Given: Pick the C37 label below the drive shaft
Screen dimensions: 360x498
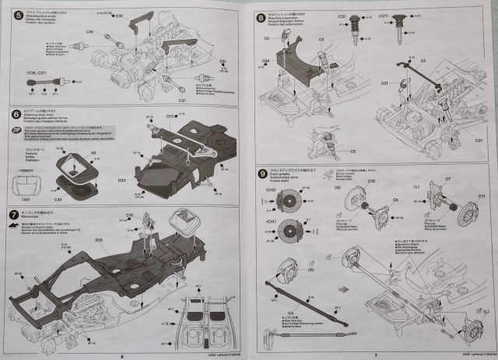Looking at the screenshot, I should (x=181, y=100).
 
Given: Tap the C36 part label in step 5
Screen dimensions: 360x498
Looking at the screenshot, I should (x=90, y=32).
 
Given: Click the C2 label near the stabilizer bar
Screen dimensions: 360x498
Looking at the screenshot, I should (x=423, y=59).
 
